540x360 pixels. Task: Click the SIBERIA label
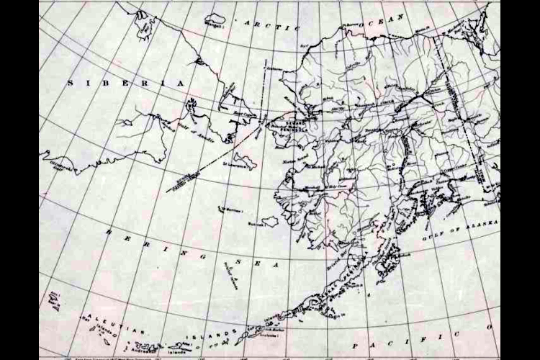[x=126, y=84]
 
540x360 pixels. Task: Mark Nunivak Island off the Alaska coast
[x=271, y=221]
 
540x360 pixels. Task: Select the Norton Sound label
[x=294, y=159]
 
